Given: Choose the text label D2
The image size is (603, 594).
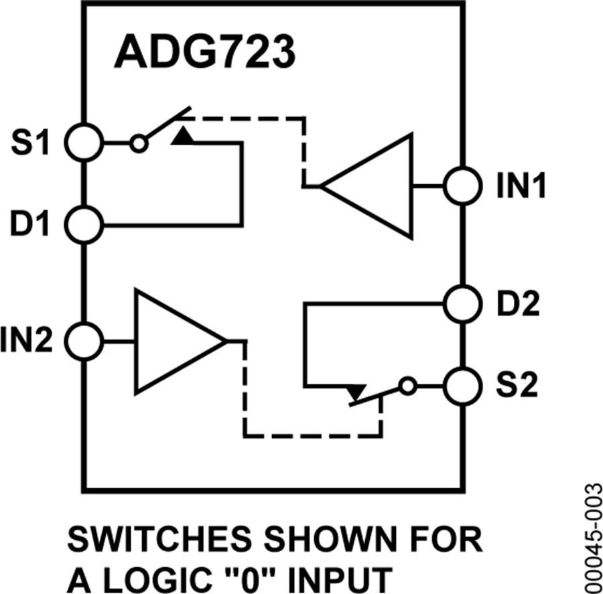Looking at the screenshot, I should (517, 305).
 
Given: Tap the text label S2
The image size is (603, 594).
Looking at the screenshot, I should (517, 387).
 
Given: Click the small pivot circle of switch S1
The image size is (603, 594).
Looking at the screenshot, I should (139, 143).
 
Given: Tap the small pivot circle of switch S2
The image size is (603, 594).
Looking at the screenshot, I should (405, 386).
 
